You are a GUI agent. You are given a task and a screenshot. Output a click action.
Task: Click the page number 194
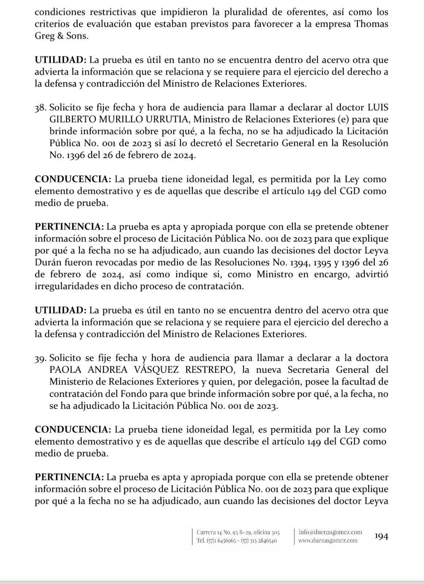click(x=381, y=536)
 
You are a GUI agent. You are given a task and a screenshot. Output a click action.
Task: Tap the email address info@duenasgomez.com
click(x=330, y=532)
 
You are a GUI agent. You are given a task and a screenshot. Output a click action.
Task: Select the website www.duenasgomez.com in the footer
click(x=328, y=541)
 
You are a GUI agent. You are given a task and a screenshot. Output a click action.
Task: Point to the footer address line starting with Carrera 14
click(x=238, y=532)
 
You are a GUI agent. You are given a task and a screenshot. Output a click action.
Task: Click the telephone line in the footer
click(x=236, y=541)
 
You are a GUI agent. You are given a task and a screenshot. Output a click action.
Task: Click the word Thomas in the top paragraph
click(x=371, y=24)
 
